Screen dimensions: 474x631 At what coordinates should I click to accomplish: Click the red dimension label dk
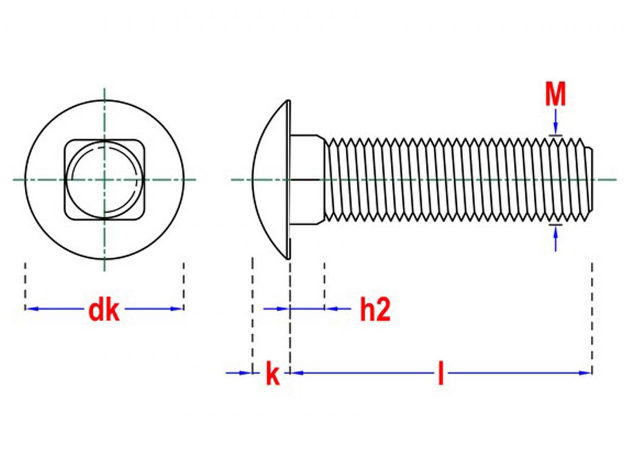[104, 311]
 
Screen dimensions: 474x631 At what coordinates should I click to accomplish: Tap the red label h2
[374, 311]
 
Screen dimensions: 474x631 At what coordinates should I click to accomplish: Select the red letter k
[272, 375]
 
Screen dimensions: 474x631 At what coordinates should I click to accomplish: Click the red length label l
[440, 374]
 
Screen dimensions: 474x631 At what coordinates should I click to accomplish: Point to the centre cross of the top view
[104, 179]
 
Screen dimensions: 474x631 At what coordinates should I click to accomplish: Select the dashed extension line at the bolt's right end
[592, 316]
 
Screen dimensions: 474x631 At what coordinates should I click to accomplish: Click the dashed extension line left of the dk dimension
[25, 286]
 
